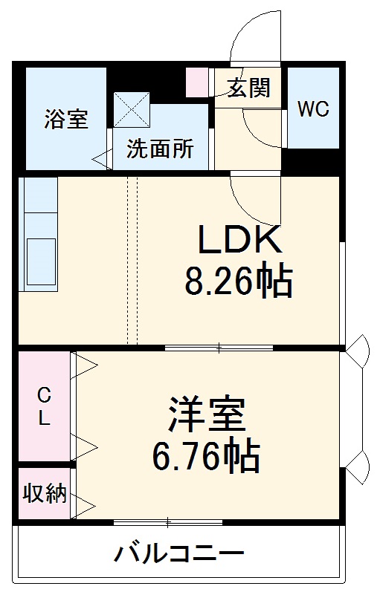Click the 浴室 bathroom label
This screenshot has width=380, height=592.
pyautogui.click(x=66, y=119)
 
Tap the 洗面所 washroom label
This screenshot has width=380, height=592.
pyautogui.click(x=159, y=149)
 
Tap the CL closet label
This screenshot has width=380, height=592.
pyautogui.click(x=44, y=406)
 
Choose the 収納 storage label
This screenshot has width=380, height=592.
pyautogui.click(x=44, y=493)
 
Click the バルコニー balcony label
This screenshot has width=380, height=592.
pyautogui.click(x=179, y=553)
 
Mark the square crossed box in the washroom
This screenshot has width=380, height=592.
pyautogui.click(x=132, y=109)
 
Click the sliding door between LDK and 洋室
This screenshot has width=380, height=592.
pyautogui.click(x=219, y=347)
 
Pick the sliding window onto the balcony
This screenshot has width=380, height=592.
pyautogui.click(x=169, y=521)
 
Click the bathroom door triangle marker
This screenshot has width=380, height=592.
pyautogui.click(x=101, y=157)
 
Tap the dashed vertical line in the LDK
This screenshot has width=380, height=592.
pyautogui.click(x=132, y=260)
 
